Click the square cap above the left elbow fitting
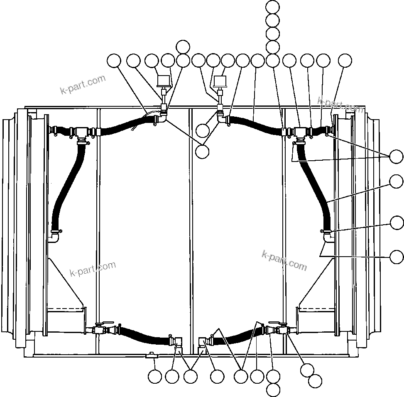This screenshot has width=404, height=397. coord(164,80)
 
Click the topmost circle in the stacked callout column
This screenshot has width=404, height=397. coord(272,7)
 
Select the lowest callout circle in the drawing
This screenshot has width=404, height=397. coord(273,390)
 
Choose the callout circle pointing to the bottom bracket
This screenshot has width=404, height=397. coord(155,377)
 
